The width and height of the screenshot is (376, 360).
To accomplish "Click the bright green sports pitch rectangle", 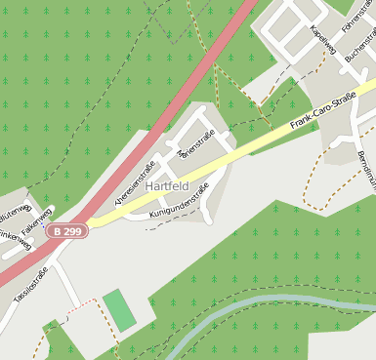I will tap(120, 310).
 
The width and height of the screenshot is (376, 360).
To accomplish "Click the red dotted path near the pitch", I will tap(84, 305).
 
